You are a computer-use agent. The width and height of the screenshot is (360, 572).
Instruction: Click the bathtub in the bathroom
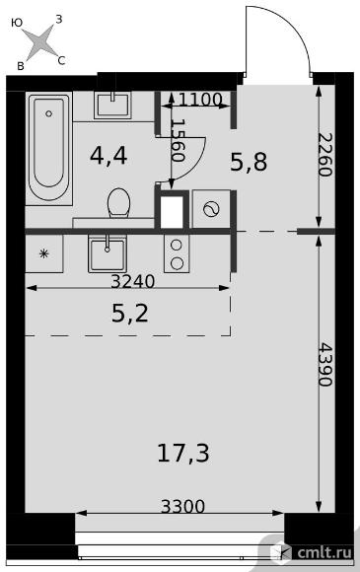49,148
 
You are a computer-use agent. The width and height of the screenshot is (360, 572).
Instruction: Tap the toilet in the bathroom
119,203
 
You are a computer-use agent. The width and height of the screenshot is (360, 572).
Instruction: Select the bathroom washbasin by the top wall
112,105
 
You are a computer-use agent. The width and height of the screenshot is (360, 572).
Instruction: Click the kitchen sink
108,253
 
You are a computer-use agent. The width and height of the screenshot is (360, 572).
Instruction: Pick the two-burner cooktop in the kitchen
177,253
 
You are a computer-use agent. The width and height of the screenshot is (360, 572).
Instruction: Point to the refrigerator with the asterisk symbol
44,253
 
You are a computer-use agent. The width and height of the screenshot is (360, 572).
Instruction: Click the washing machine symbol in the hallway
211,209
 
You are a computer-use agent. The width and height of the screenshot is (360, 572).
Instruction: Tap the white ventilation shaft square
172,212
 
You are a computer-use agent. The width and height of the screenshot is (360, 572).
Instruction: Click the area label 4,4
108,156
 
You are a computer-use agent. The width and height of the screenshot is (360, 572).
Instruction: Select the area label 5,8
250,162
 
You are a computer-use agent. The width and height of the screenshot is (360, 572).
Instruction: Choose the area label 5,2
130,314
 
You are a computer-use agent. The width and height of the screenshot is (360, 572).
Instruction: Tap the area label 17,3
183,453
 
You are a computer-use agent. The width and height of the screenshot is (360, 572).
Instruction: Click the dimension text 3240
133,281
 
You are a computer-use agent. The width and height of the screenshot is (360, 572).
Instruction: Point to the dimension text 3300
183,506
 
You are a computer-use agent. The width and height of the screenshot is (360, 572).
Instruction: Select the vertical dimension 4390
325,364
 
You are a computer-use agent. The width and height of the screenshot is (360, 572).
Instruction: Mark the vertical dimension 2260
325,155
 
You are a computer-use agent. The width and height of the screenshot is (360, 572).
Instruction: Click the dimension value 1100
200,100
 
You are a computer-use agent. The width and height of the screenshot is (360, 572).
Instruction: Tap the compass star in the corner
39,42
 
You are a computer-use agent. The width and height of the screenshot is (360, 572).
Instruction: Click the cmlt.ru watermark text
324,552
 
